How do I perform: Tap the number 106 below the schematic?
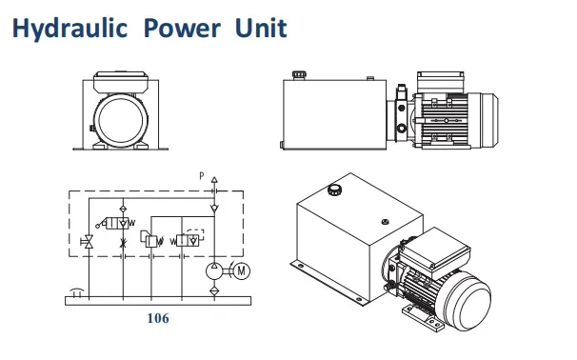click(x=157, y=318)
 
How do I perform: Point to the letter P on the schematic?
click(x=201, y=176)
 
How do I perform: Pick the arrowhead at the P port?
click(x=215, y=179)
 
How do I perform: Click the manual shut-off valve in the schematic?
click(x=88, y=242)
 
